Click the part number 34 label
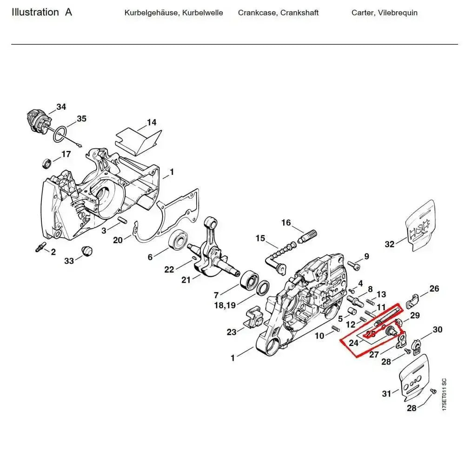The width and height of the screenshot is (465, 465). [61, 107]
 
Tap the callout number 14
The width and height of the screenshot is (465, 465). [152, 123]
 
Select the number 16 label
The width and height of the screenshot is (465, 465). [286, 223]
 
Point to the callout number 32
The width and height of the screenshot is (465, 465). [390, 244]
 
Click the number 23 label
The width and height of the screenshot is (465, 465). [232, 332]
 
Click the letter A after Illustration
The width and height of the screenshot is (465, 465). [68, 12]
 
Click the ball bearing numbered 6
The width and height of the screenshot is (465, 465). [179, 241]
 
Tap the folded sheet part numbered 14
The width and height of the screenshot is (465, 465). [138, 140]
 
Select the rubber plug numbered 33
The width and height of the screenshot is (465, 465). [86, 251]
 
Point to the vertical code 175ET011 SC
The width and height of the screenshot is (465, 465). [444, 394]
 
